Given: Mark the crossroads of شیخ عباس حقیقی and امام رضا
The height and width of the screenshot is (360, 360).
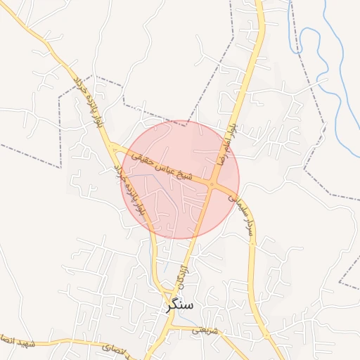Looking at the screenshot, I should point(213,184).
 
